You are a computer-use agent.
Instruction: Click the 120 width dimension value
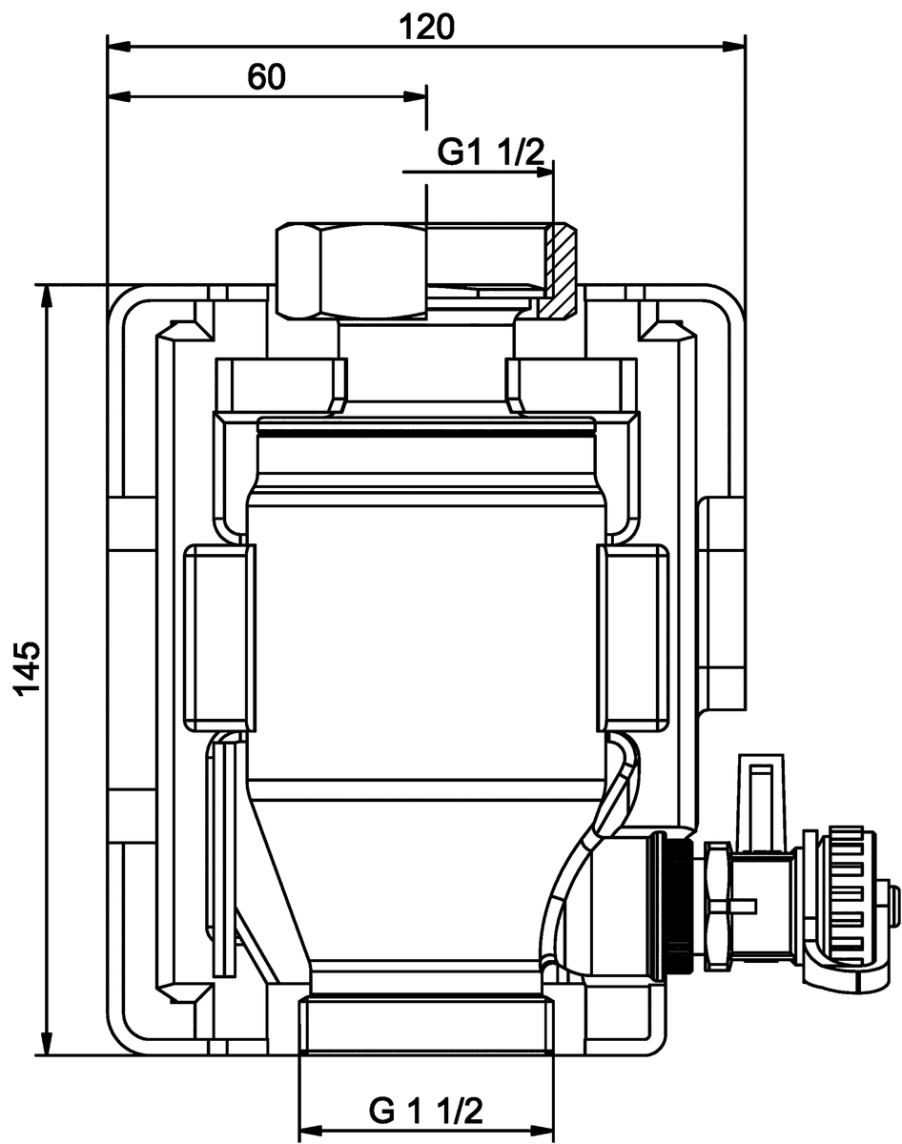click(427, 26)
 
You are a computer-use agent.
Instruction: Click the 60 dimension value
click(267, 78)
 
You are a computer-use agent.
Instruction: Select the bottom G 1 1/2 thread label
click(426, 1110)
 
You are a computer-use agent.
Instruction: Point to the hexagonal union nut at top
click(350, 271)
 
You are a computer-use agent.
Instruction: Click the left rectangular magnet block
click(220, 638)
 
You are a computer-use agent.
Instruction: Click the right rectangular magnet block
click(632, 638)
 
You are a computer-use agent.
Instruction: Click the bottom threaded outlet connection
click(426, 1025)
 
